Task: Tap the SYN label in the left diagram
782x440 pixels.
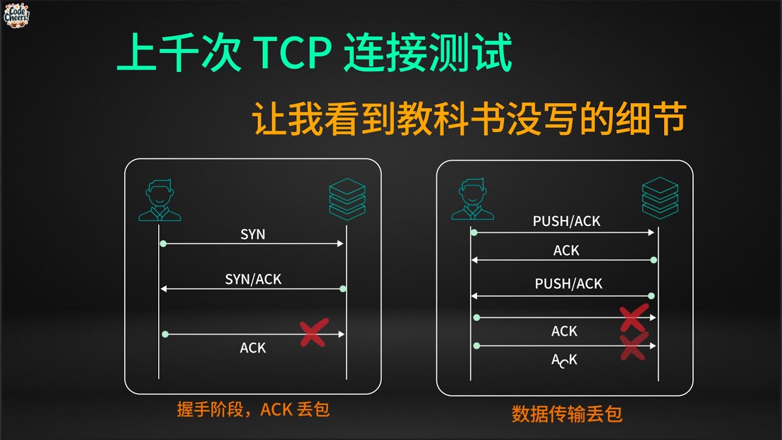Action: click(253, 234)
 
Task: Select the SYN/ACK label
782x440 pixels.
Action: click(253, 279)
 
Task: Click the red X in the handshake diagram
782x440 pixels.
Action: click(314, 332)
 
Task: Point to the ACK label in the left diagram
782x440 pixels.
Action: click(253, 348)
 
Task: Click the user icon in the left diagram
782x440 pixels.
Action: click(159, 200)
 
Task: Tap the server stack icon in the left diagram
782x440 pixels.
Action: click(347, 199)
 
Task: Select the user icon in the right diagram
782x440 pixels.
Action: click(472, 199)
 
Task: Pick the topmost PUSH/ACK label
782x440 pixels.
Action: click(566, 221)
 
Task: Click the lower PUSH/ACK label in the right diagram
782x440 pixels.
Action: click(568, 284)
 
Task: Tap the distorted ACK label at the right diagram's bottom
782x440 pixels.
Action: click(565, 360)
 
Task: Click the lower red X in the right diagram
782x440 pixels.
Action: click(634, 346)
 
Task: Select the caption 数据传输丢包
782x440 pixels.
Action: click(566, 414)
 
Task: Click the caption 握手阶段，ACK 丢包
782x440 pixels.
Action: click(253, 409)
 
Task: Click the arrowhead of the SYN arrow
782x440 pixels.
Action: click(341, 243)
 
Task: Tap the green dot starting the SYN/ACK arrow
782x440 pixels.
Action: click(343, 288)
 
